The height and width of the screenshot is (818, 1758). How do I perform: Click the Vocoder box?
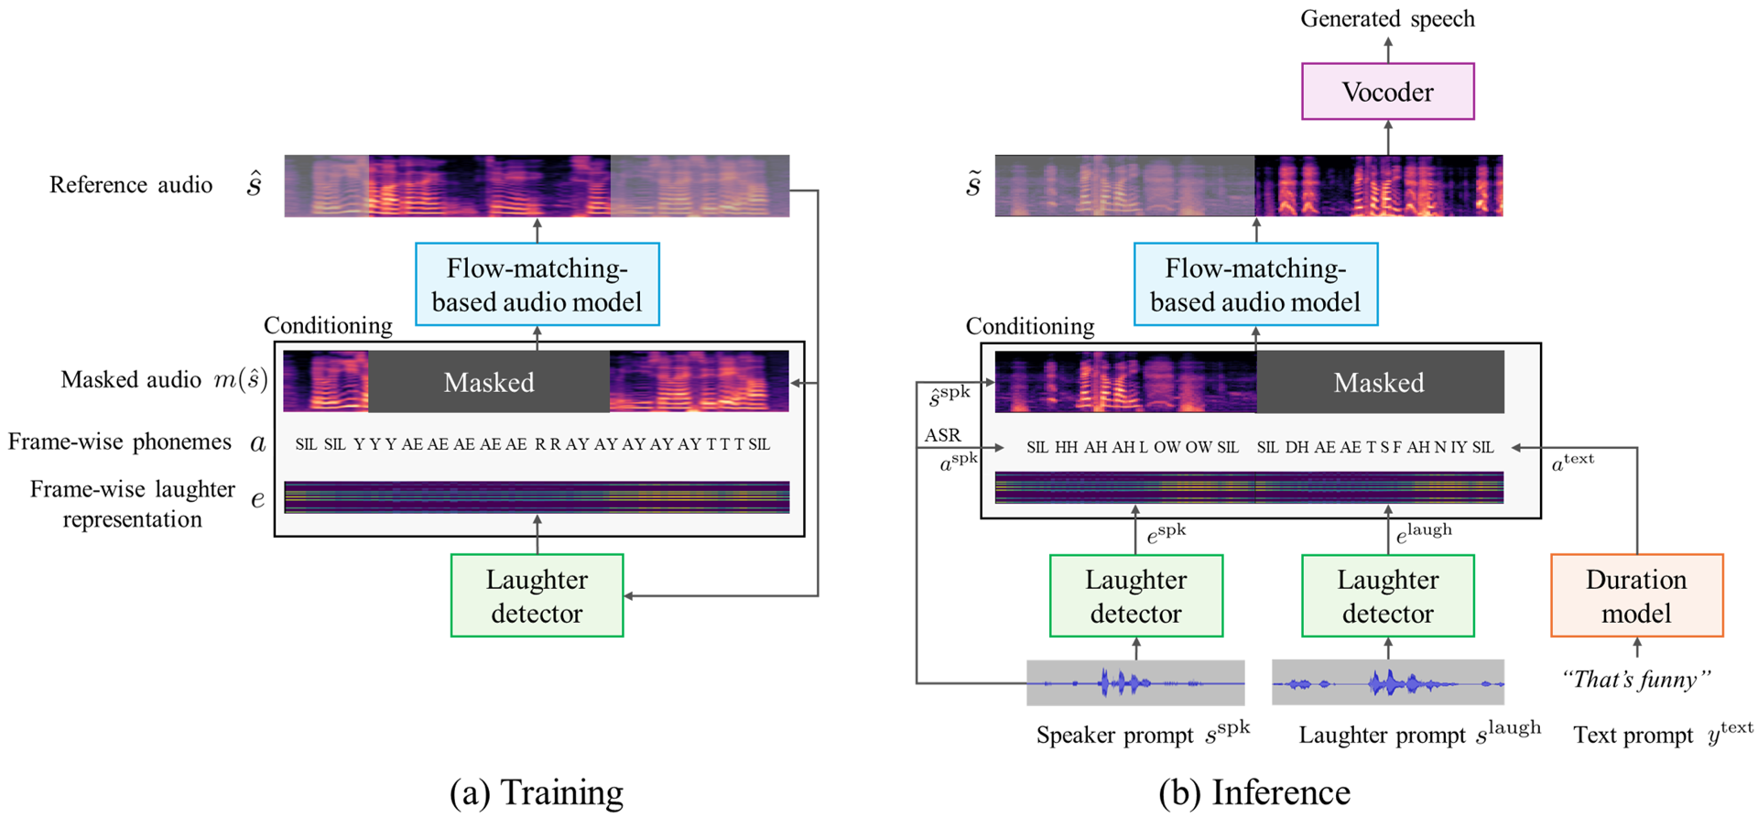click(1387, 92)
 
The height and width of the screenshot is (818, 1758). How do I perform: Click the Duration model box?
click(1636, 595)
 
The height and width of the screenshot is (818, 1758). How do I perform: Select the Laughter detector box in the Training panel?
click(537, 595)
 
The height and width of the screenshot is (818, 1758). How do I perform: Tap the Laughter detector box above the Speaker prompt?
click(1135, 595)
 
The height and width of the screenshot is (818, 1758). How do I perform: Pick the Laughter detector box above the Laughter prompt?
click(1387, 595)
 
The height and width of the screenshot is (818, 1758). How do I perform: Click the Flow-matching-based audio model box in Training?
click(537, 284)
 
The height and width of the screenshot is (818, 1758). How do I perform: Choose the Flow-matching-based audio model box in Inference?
click(1255, 284)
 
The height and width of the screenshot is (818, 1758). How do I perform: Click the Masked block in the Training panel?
click(489, 382)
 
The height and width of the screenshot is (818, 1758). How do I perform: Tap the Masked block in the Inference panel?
click(1379, 382)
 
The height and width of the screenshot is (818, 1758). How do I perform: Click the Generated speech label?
click(1387, 18)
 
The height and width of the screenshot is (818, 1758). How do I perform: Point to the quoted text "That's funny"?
click(1636, 680)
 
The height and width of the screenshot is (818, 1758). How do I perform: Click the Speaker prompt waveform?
click(1135, 682)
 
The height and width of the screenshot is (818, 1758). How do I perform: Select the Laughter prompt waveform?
click(1387, 682)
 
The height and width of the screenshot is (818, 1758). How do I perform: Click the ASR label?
click(942, 435)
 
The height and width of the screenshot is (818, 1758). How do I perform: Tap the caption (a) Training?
click(537, 792)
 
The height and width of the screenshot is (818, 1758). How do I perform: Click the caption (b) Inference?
click(1254, 792)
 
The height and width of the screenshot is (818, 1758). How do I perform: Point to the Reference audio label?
click(131, 185)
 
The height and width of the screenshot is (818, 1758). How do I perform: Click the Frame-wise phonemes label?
click(120, 442)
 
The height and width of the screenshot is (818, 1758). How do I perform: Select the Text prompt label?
click(1633, 736)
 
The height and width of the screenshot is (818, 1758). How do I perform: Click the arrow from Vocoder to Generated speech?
click(1388, 49)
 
